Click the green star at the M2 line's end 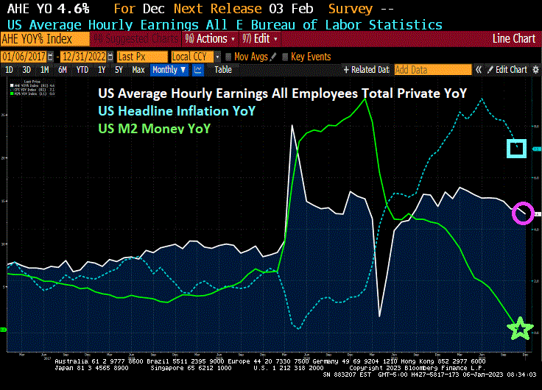point(521,329)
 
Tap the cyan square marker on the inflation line point(517,148)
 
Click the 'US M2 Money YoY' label point(154,128)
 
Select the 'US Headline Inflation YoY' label point(176,110)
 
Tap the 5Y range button point(119,70)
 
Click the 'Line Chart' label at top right point(513,38)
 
